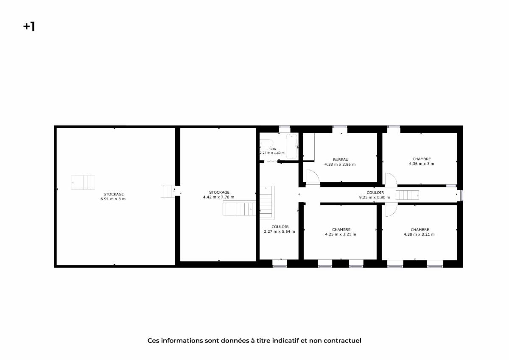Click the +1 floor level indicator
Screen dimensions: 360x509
tap(29, 27)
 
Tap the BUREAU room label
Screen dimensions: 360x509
tap(341, 159)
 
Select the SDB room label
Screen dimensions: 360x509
tap(272, 149)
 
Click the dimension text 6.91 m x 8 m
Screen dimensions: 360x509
tap(113, 199)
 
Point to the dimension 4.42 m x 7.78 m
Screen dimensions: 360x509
tap(219, 197)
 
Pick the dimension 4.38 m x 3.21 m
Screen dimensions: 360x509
tap(419, 234)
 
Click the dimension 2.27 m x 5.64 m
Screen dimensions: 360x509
tap(280, 232)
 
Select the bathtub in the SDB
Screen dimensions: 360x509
tap(292, 145)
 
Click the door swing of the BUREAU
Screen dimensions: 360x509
tap(313, 176)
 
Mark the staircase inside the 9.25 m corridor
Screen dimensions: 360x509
tap(407, 195)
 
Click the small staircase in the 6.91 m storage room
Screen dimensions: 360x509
tap(82, 182)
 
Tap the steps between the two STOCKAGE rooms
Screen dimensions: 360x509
tap(168, 191)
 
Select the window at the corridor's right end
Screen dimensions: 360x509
tap(461, 195)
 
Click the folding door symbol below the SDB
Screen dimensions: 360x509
tap(271, 162)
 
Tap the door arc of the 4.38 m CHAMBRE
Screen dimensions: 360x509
tap(391, 209)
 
